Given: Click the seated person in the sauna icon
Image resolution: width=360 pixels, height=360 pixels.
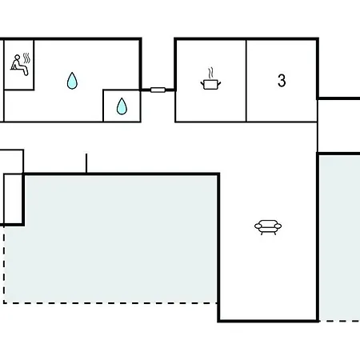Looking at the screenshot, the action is coord(19,65).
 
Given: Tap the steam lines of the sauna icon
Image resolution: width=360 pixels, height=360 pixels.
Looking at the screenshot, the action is coord(26,58).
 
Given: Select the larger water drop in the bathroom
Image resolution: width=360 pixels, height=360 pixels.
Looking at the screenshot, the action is coord(72,81).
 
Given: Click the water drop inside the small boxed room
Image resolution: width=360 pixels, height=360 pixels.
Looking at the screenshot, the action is coord(122,106).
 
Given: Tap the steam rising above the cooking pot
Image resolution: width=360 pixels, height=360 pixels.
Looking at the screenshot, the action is coord(211,73).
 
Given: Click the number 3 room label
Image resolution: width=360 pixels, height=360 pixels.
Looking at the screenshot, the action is coord(282,80).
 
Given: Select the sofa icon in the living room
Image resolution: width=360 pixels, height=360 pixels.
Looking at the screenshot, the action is coord(268,227).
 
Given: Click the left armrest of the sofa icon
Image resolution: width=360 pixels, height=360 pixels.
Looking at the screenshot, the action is coord(258,226).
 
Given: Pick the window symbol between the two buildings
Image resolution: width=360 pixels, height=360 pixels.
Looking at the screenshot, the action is coord(158,90).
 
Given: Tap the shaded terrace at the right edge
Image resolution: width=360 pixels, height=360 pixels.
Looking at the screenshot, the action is coord(340,238).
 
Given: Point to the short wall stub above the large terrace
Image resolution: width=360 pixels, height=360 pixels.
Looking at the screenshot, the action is coord(86,163).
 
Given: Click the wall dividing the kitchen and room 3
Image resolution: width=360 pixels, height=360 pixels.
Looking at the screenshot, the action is coord(246,81).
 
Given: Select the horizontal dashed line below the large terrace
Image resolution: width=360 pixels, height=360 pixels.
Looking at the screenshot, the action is coord(110,303).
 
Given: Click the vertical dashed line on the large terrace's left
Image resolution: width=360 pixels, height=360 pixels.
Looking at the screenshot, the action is coord(4,265).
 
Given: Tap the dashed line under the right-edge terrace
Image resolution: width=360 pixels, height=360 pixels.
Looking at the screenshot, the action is coord(340,321).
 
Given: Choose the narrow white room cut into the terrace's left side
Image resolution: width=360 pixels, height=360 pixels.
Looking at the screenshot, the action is coord(13,199).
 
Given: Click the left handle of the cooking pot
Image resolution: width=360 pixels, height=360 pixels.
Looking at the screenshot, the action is coord(202,84).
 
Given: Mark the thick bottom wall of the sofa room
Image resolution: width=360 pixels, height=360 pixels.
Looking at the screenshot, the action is coord(268,321).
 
